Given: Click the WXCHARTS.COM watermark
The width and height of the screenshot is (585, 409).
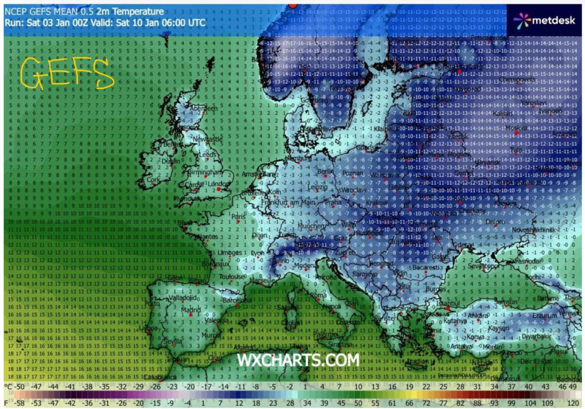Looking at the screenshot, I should point(298,360).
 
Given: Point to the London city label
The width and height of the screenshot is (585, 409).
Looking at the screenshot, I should point(220,184).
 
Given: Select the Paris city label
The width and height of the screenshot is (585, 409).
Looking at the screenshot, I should point(238,217).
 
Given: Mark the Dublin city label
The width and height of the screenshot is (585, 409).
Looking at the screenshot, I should point(170,161).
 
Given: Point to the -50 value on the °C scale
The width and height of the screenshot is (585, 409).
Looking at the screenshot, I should point(19,387).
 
